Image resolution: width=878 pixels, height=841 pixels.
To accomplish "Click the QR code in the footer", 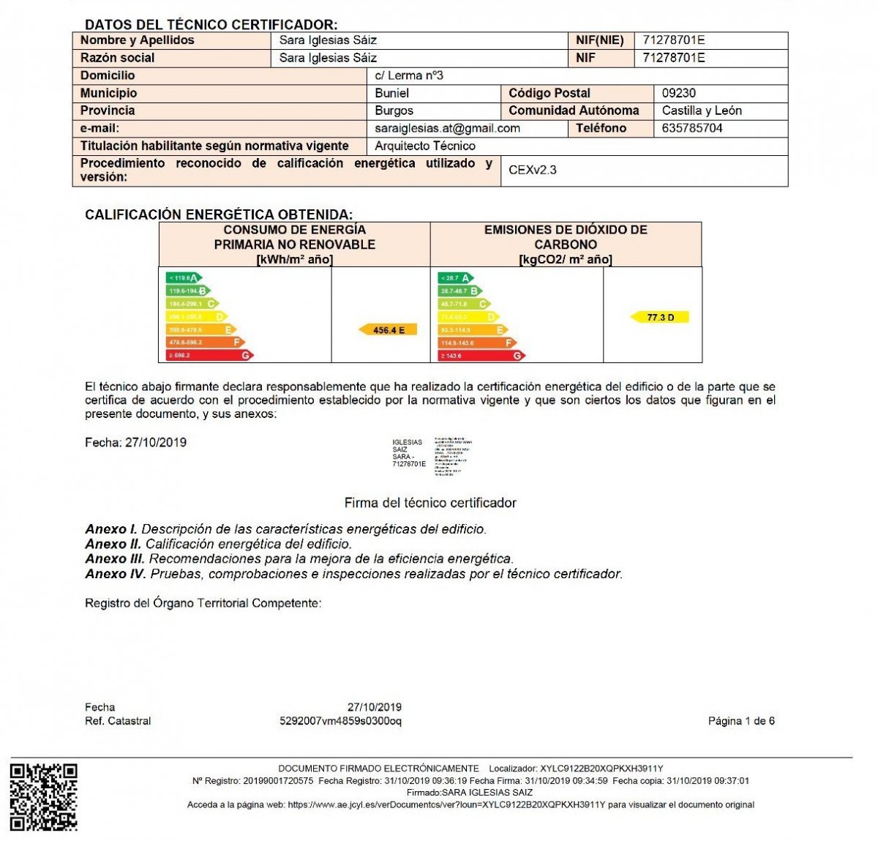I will click(x=43, y=797).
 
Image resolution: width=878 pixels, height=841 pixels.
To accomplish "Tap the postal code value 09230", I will click(x=678, y=93).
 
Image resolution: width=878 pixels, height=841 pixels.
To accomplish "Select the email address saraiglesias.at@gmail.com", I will click(x=447, y=128).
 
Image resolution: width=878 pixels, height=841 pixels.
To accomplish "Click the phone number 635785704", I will click(x=691, y=128).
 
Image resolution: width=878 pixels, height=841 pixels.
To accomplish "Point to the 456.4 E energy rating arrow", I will click(x=388, y=330).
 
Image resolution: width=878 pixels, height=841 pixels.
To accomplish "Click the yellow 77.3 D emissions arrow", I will click(x=660, y=318).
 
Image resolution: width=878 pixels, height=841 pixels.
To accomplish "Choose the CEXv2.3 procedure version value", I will click(x=532, y=170).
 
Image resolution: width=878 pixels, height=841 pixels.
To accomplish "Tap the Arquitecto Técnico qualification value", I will click(x=424, y=146).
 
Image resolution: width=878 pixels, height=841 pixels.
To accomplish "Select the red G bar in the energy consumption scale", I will click(x=209, y=355).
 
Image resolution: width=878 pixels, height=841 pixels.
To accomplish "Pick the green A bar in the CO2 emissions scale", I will click(x=455, y=278).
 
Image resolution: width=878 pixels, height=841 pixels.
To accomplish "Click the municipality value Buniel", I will click(x=391, y=93).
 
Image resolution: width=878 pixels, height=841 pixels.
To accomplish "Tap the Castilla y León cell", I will click(x=701, y=111).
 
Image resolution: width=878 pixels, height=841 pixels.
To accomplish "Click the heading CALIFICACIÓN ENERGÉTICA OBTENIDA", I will click(x=218, y=214).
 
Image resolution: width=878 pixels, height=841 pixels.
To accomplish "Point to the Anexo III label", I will click(x=114, y=558).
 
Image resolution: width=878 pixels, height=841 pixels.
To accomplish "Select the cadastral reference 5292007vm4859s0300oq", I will click(x=340, y=721).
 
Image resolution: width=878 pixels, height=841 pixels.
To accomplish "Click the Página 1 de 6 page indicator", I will click(x=740, y=721).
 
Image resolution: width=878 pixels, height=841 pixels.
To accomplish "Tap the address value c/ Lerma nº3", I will click(x=408, y=75).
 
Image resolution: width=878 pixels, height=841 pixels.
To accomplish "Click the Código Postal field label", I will click(x=549, y=93).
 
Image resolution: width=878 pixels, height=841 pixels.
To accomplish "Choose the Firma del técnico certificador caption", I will click(x=430, y=503).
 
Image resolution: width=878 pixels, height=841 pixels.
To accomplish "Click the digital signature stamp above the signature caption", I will click(x=432, y=456).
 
